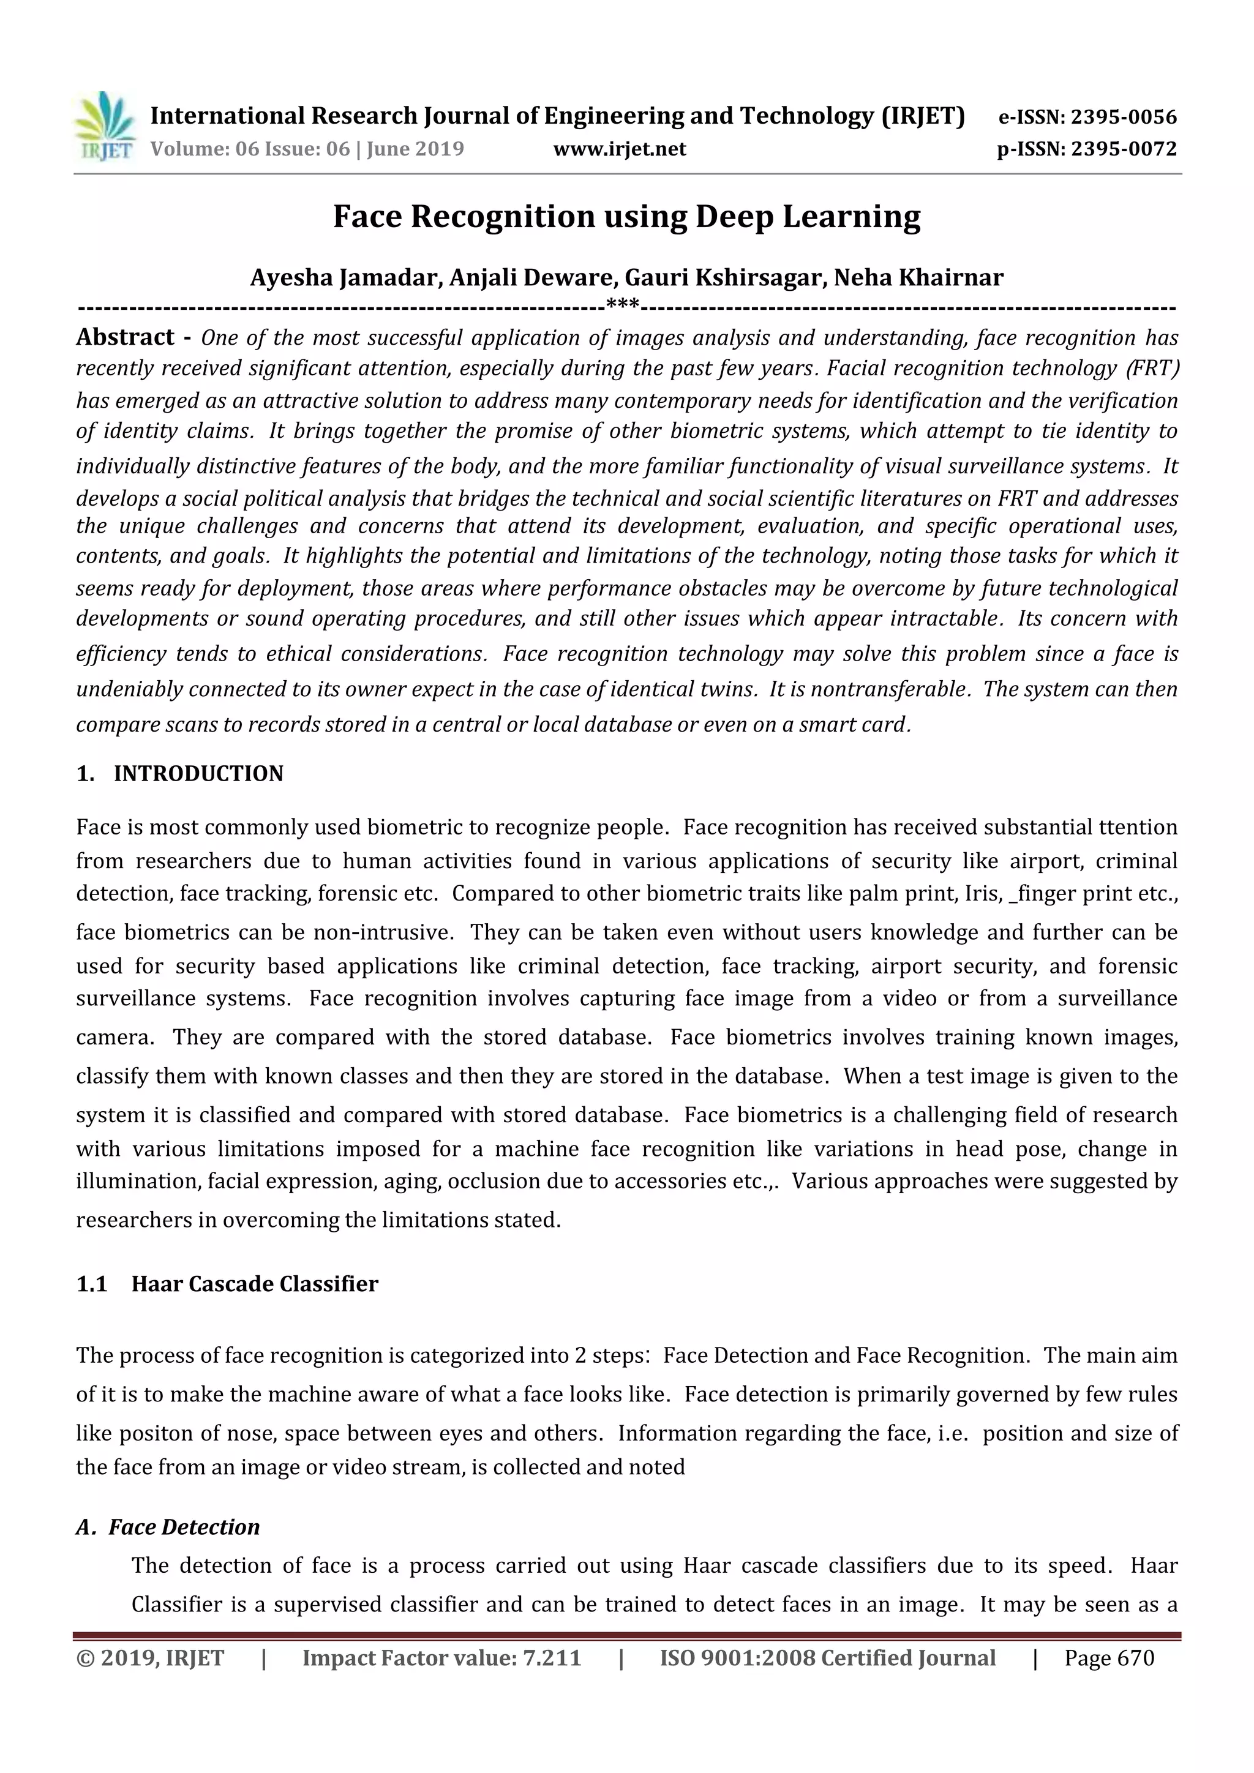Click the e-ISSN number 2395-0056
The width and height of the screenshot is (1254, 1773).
[1124, 118]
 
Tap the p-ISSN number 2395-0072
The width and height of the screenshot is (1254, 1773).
[1124, 149]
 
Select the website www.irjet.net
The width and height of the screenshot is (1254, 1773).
[619, 149]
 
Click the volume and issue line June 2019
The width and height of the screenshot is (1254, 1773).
[307, 149]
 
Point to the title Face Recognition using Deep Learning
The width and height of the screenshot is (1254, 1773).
[626, 217]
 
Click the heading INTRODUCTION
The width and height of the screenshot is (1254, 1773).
[198, 774]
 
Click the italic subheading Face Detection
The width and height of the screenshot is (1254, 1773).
[184, 1527]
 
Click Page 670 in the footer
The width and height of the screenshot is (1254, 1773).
[1109, 1658]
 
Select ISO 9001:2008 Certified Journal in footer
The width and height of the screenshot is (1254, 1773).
[827, 1658]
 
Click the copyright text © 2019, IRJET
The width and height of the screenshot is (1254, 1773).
[150, 1658]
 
